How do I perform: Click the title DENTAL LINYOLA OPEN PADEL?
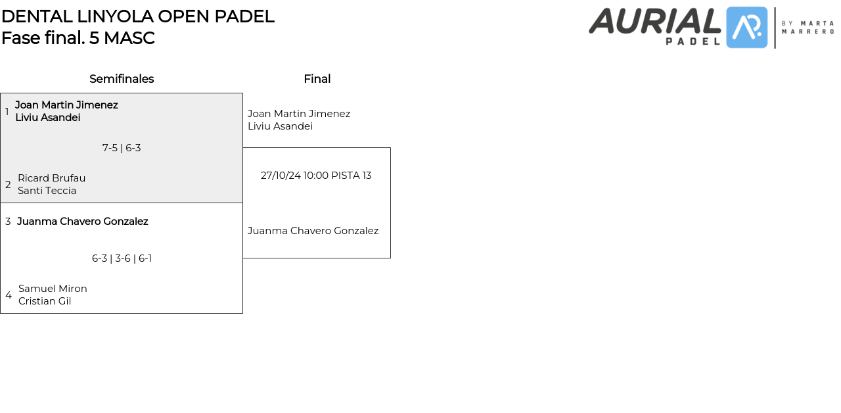point(137,16)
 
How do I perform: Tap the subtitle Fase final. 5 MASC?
point(78,38)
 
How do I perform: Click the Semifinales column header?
point(122,79)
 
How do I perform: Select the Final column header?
point(317,79)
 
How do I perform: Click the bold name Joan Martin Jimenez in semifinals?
point(66,105)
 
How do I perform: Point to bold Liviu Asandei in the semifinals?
point(48,118)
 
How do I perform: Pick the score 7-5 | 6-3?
point(122,148)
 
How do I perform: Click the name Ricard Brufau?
point(52,178)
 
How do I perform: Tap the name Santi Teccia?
point(47,191)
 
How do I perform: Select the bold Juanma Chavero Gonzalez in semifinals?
point(83,222)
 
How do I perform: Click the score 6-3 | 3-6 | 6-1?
point(122,258)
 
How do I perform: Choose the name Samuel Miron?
point(53,289)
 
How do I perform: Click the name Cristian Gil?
point(45,301)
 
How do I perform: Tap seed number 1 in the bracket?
point(7,112)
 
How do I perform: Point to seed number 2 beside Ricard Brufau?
point(8,185)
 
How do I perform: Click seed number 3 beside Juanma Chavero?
point(8,222)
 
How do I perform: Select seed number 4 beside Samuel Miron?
point(9,295)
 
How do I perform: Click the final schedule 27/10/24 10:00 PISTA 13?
point(316,176)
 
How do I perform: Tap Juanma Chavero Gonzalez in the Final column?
point(313,231)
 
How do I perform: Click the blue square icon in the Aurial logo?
point(747,28)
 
